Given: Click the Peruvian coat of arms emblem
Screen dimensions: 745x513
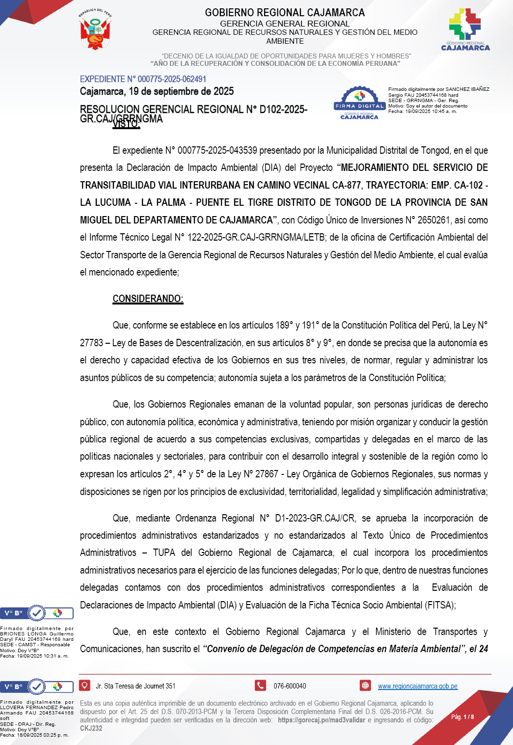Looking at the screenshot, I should pyautogui.click(x=96, y=30).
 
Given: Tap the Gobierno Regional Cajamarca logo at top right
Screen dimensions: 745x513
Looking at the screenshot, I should pyautogui.click(x=465, y=29).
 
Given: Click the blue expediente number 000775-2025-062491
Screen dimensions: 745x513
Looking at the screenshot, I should pyautogui.click(x=143, y=79).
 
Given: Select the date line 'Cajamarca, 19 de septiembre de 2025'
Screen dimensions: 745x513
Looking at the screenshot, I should pyautogui.click(x=157, y=91).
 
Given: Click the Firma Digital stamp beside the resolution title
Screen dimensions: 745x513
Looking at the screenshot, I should pyautogui.click(x=359, y=103).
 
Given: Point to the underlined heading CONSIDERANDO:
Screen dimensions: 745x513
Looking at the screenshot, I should pyautogui.click(x=148, y=299).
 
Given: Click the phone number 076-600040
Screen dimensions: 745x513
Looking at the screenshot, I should pyautogui.click(x=290, y=686).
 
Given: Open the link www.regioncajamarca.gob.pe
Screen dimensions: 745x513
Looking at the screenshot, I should pyautogui.click(x=417, y=686).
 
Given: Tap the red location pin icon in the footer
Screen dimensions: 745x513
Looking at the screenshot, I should pyautogui.click(x=84, y=685).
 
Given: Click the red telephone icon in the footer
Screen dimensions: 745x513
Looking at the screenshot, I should pyautogui.click(x=260, y=685).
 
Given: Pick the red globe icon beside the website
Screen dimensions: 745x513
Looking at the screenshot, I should pyautogui.click(x=365, y=685).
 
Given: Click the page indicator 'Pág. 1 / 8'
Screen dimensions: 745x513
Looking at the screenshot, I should pyautogui.click(x=462, y=717).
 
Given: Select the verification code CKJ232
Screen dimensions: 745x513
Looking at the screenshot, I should pyautogui.click(x=91, y=728).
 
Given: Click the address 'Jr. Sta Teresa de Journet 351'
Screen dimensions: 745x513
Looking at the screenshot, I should pyautogui.click(x=135, y=686).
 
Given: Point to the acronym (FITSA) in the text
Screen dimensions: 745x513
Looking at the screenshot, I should pyautogui.click(x=438, y=605).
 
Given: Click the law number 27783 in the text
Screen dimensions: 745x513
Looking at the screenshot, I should pyautogui.click(x=92, y=343).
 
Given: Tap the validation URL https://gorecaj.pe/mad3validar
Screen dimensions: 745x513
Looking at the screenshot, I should pyautogui.click(x=322, y=720).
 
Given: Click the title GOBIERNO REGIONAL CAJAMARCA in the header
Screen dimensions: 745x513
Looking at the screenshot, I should pyautogui.click(x=285, y=13).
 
